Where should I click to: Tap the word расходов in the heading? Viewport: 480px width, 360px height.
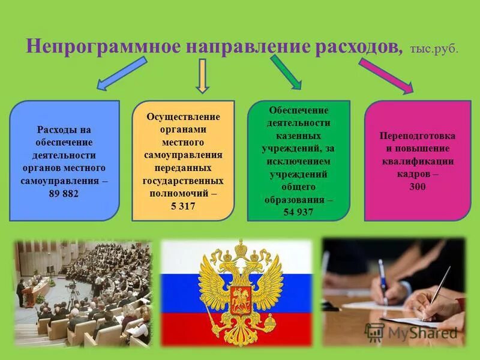(x=358, y=47)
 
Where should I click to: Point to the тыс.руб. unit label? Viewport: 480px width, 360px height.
(x=434, y=49)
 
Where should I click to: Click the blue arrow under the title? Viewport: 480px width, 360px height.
(x=121, y=74)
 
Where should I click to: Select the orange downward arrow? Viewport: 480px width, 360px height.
(x=203, y=75)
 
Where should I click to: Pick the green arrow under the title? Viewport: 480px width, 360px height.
(x=287, y=71)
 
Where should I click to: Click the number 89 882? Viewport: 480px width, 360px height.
(x=64, y=194)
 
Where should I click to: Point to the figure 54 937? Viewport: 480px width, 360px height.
(x=298, y=211)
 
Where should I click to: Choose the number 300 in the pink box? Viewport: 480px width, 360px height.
(x=418, y=187)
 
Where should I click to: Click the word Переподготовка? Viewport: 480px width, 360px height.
(x=418, y=135)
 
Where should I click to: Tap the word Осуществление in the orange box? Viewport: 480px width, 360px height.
(x=183, y=116)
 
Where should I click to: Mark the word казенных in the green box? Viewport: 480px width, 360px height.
(x=298, y=136)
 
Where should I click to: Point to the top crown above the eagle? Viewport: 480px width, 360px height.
(x=241, y=247)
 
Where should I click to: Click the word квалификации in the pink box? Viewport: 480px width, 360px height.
(x=418, y=161)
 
